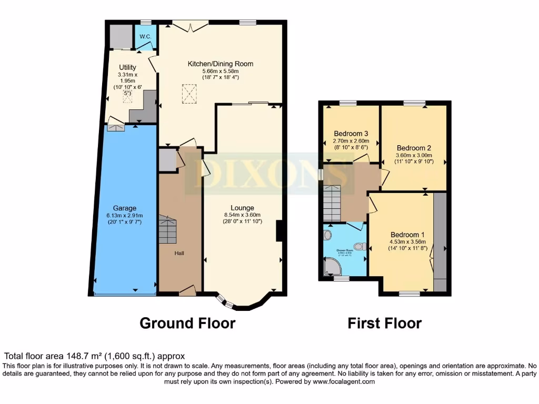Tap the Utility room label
pos(127,67)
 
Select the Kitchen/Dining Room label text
pos(221,64)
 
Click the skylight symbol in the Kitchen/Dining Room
pos(189,94)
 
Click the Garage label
pos(124,208)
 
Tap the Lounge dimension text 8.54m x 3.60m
pos(242,215)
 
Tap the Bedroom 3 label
pos(351,133)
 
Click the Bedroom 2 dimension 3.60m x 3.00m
pos(414,155)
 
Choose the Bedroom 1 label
pos(407,235)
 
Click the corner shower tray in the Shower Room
pos(332,268)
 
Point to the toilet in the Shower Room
pos(360,246)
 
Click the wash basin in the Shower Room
pos(327,235)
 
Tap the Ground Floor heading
pos(187,322)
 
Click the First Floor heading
pos(384,323)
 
